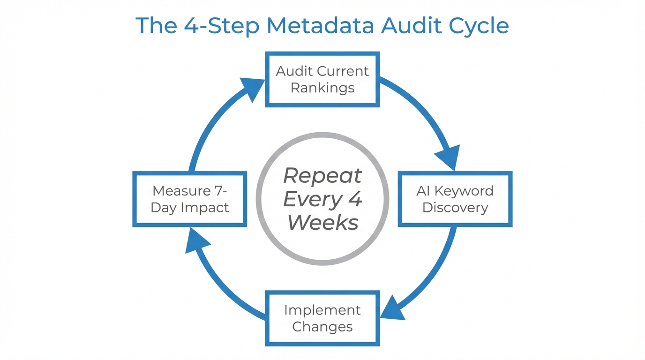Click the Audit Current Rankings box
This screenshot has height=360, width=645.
coord(322,79)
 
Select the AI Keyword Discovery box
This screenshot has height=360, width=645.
coord(455,199)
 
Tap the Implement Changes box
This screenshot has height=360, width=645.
coord(322,318)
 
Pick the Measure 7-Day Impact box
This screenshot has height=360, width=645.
coord(190,199)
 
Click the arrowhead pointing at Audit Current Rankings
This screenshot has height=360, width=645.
coord(253,89)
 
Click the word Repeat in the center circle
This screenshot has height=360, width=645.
coord(322,176)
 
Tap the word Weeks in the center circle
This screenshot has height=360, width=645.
coord(323,223)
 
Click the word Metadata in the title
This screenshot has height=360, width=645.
coord(321,25)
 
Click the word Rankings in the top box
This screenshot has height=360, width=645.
coord(322,88)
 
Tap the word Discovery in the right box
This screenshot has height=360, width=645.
coord(455,208)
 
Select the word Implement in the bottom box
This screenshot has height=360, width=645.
coord(322,310)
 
